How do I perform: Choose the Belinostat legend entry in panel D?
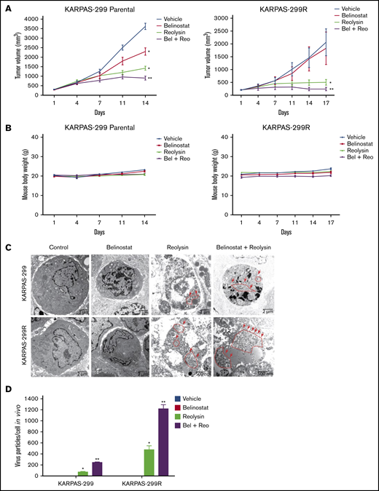point(233,409)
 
